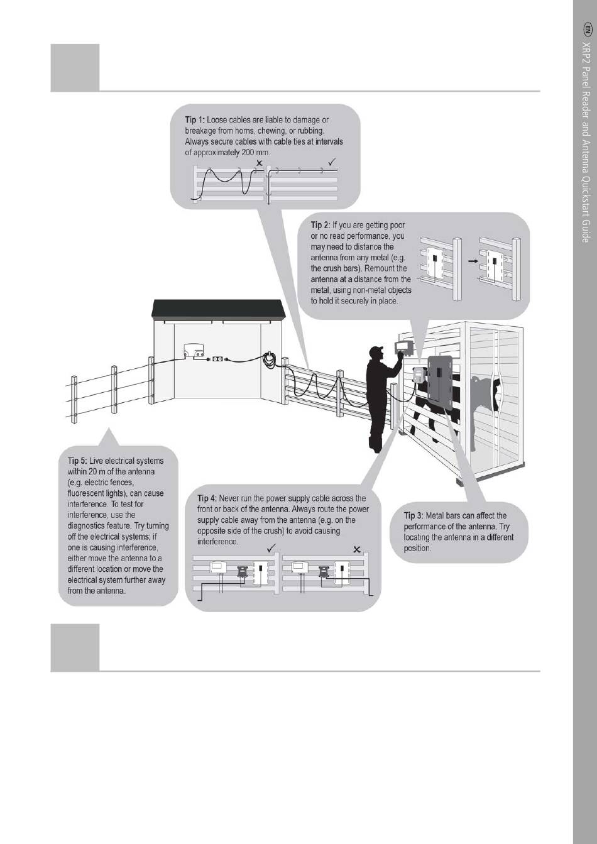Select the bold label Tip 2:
coord(320,225)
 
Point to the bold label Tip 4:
coord(207,498)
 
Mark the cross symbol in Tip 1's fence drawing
coord(260,163)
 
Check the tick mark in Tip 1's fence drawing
coord(332,163)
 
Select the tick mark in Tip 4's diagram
coord(271,549)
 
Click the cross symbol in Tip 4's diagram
coord(357,549)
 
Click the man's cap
coord(376,349)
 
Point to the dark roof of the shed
coord(219,309)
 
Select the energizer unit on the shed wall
coord(194,352)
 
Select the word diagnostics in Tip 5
coord(89,525)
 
